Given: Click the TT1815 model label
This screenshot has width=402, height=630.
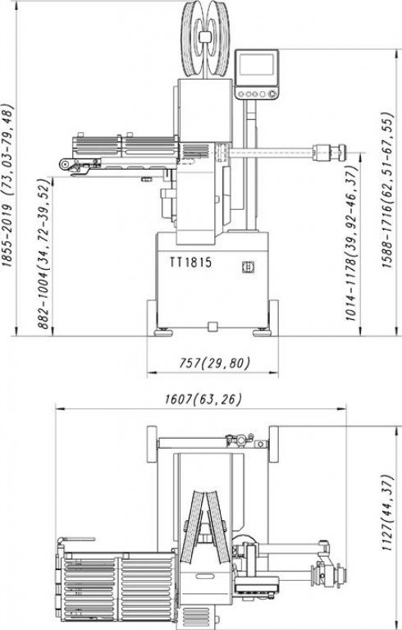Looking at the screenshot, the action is [190, 262].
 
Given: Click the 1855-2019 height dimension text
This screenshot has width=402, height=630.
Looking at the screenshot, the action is [8, 185].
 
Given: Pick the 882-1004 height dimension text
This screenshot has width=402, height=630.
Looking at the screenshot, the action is [44, 254].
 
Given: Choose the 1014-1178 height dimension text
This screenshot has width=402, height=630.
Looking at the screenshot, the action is [351, 244].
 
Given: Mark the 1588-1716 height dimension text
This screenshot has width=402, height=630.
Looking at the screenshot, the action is [387, 190].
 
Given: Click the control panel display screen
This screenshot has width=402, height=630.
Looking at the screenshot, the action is [256, 65].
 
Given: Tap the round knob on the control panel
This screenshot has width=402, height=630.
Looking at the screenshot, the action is [272, 94].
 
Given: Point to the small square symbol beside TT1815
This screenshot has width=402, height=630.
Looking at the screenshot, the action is [248, 267].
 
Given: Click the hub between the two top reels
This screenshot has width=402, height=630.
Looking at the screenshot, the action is [205, 37].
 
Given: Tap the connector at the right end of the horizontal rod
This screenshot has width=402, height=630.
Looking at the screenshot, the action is [330, 153].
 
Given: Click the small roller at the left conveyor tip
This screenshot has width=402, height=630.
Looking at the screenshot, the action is [64, 164].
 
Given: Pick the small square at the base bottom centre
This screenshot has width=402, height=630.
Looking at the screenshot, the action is [212, 326].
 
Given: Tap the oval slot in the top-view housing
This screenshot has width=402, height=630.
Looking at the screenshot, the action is [205, 576].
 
